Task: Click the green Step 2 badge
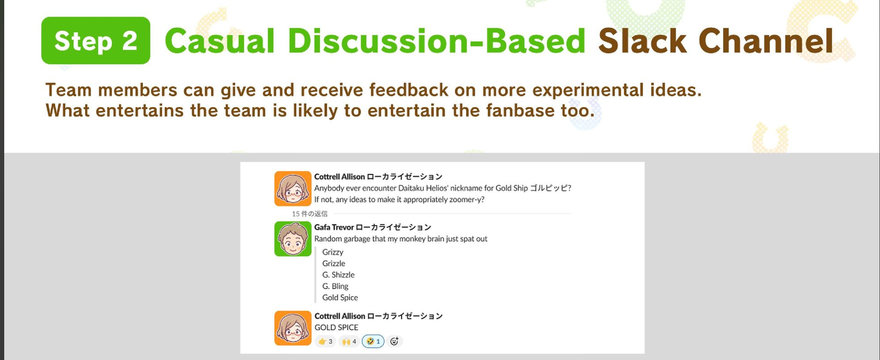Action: (x=96, y=40)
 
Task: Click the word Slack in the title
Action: (x=642, y=41)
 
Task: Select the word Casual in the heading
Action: (x=219, y=41)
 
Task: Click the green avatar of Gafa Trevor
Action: (x=293, y=239)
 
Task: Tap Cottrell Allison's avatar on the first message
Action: (x=293, y=188)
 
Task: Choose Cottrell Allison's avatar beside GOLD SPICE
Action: (x=293, y=328)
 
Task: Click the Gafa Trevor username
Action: (x=334, y=227)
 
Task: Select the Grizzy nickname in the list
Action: (x=333, y=252)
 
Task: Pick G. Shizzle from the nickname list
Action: (x=338, y=275)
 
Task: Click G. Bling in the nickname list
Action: (x=335, y=286)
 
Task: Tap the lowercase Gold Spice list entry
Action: (x=340, y=297)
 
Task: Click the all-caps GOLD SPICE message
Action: (x=336, y=328)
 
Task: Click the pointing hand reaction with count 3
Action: (x=325, y=341)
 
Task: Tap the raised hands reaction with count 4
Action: (x=349, y=341)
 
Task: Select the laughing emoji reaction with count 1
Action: (x=373, y=341)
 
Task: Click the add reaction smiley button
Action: (x=395, y=341)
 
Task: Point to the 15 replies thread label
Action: (x=310, y=214)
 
